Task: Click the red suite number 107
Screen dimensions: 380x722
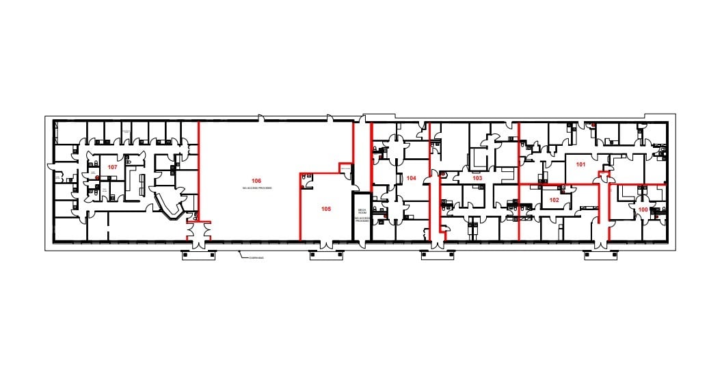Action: pyautogui.click(x=113, y=167)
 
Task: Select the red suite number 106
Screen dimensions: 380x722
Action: pyautogui.click(x=256, y=180)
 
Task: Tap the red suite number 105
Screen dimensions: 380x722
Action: pyautogui.click(x=326, y=209)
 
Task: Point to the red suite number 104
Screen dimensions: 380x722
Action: pyautogui.click(x=411, y=178)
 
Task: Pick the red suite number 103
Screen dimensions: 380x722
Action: pyautogui.click(x=477, y=178)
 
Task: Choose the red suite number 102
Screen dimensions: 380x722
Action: pyautogui.click(x=554, y=200)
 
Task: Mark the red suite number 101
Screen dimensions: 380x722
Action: pyautogui.click(x=581, y=164)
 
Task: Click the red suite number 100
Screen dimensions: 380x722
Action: pyautogui.click(x=643, y=210)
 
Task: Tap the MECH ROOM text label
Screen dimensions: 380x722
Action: pyautogui.click(x=361, y=212)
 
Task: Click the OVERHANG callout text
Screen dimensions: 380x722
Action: pyautogui.click(x=256, y=257)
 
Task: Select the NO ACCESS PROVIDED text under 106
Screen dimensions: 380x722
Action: pyautogui.click(x=256, y=188)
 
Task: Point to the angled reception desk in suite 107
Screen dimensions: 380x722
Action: pyautogui.click(x=168, y=205)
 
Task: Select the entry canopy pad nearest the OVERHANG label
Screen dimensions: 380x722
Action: pyautogui.click(x=199, y=255)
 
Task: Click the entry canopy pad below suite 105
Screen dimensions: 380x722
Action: pyautogui.click(x=326, y=255)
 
